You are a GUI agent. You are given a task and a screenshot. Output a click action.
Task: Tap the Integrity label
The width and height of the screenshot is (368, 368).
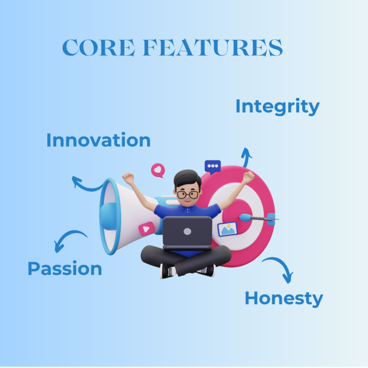(x=277, y=106)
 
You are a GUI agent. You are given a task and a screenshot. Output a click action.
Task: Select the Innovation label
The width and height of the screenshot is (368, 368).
(x=98, y=140)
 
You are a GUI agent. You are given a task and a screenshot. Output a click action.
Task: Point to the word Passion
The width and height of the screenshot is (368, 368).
(x=65, y=268)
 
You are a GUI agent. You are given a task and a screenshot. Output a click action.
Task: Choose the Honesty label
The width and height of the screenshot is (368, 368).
(x=284, y=298)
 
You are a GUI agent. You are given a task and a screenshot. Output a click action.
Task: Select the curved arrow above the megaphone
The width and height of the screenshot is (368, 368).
(x=86, y=184)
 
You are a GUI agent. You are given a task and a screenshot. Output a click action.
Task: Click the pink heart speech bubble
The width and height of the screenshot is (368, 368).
(x=157, y=170)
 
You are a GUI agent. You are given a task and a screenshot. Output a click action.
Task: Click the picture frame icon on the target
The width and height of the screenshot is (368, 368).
(x=227, y=229)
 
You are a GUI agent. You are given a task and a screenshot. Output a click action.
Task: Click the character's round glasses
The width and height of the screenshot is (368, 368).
(x=187, y=194)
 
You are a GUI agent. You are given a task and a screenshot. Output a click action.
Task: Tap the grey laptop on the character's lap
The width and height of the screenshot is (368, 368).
(x=187, y=232)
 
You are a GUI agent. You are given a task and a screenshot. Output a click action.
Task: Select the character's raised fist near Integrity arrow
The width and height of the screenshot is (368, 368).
(x=248, y=177)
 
